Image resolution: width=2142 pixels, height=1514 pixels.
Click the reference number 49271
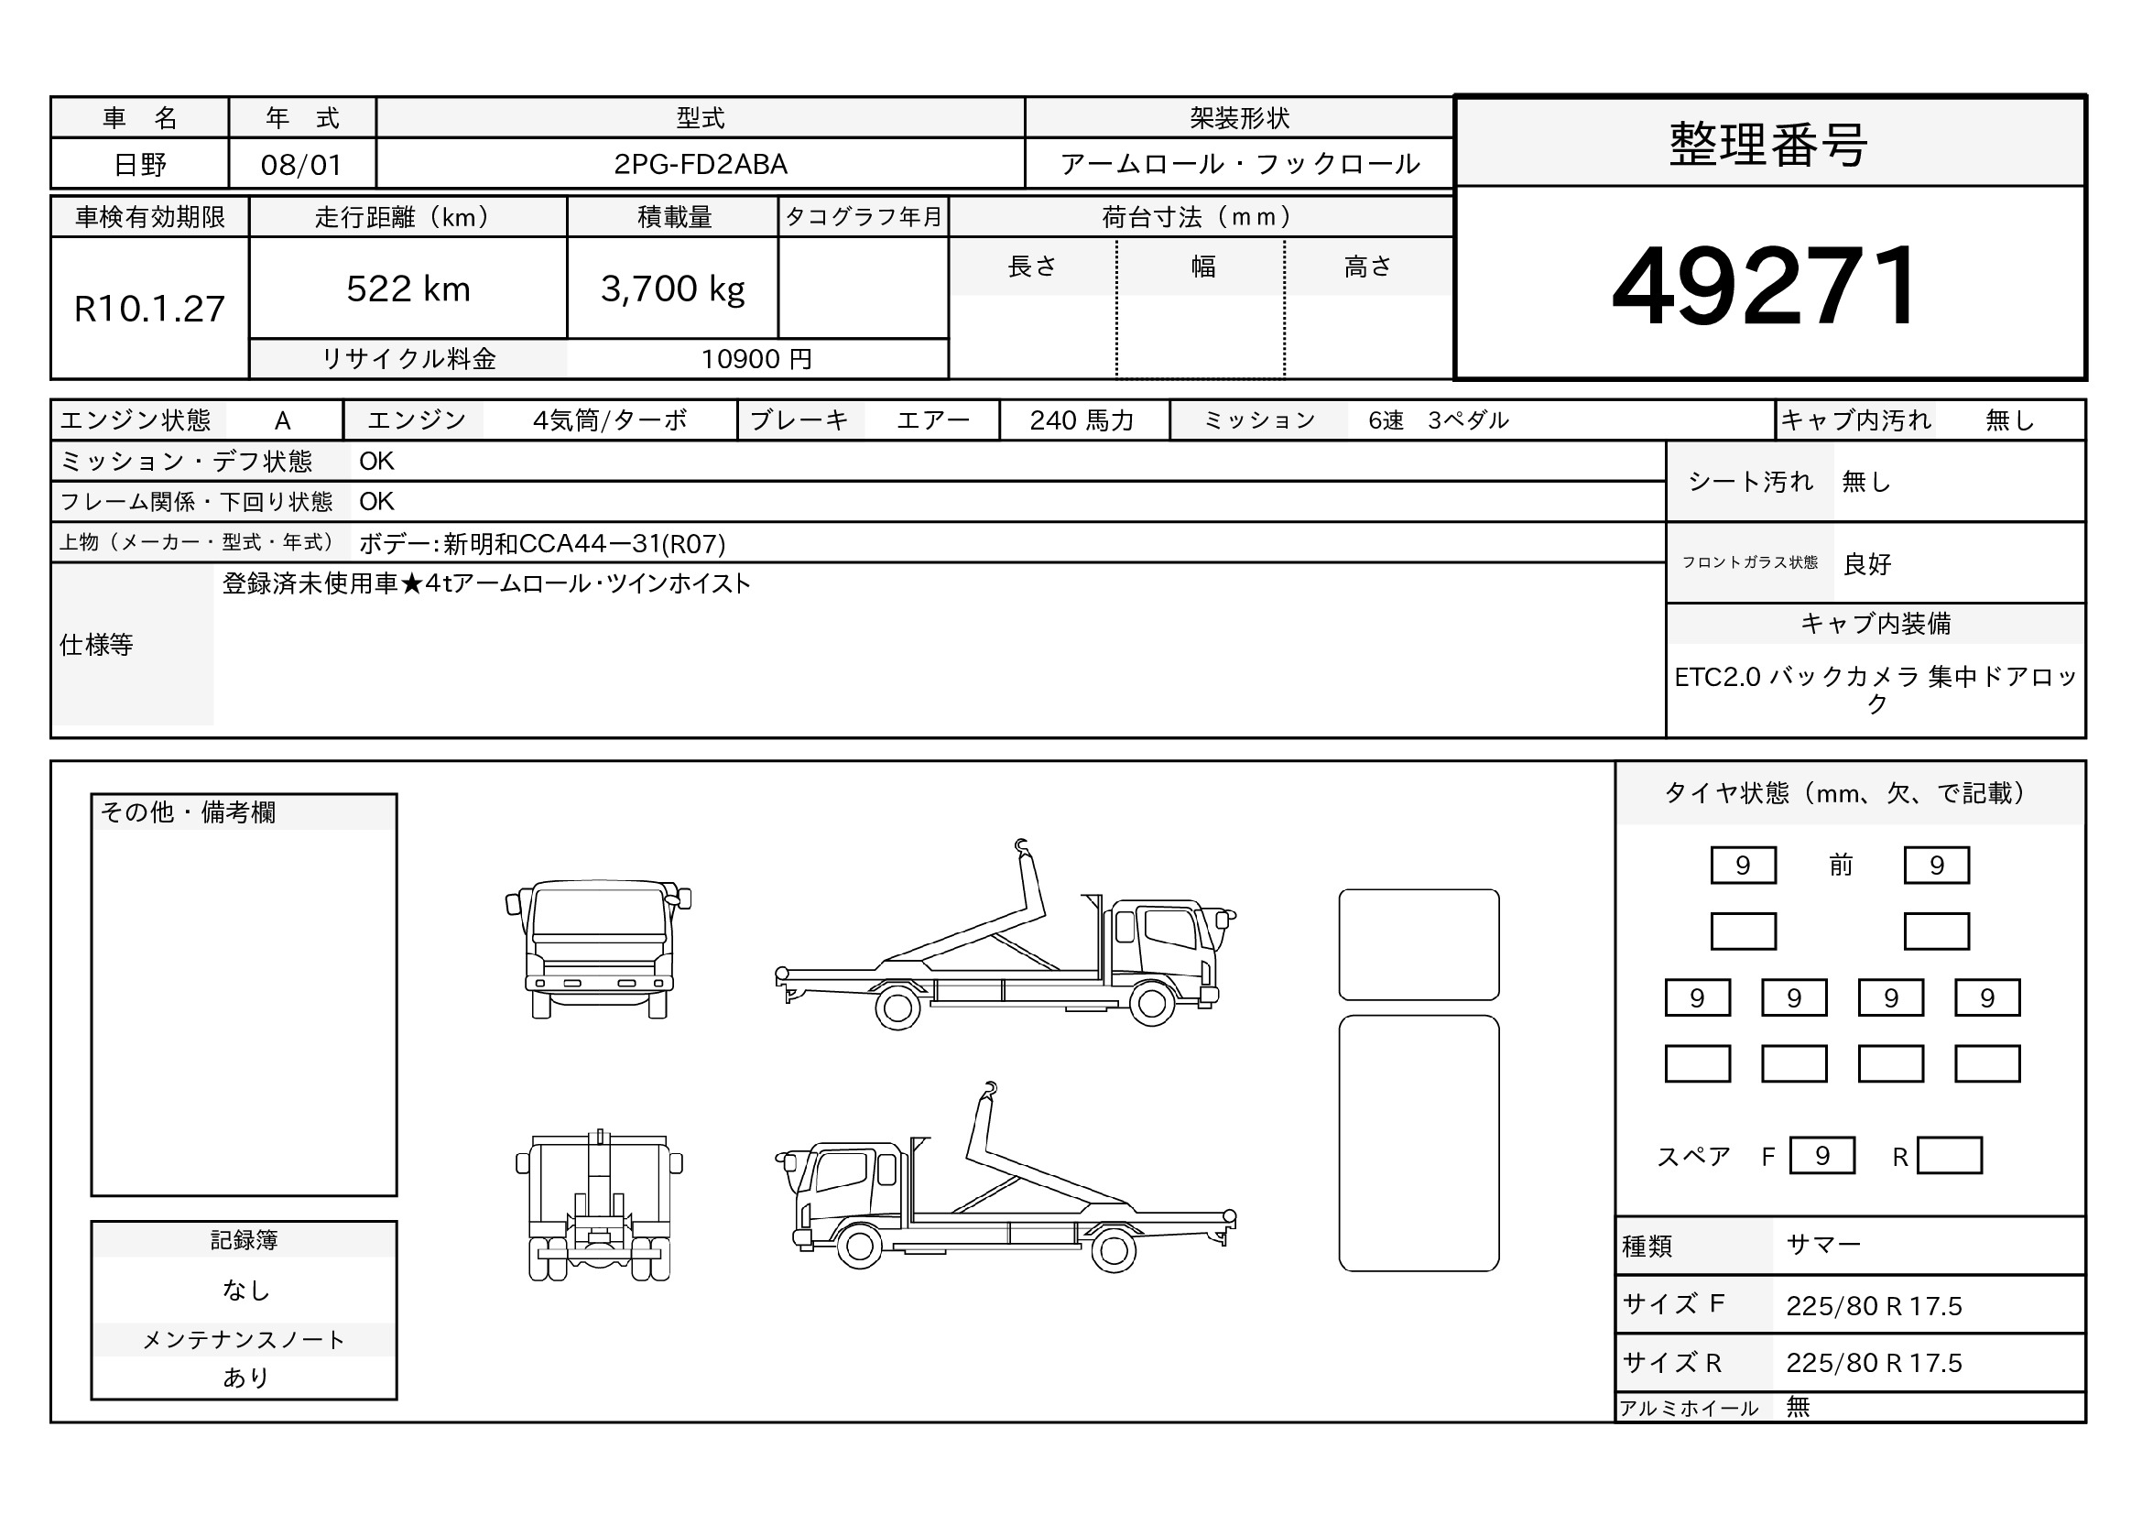click(x=1764, y=286)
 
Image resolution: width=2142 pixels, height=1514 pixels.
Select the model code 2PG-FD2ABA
click(x=701, y=164)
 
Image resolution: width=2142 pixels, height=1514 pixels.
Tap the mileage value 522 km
click(x=408, y=289)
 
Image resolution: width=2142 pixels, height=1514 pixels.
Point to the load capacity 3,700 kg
click(x=673, y=290)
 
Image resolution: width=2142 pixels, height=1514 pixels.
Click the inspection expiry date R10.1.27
click(x=149, y=309)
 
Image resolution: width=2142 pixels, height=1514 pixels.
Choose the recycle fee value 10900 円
click(x=756, y=359)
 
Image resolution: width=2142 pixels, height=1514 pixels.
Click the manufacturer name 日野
click(x=140, y=165)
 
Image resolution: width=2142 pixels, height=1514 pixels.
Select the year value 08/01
click(x=301, y=165)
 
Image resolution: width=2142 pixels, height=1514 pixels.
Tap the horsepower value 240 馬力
click(x=1082, y=420)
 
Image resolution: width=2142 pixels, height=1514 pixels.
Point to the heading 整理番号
click(x=1767, y=146)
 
